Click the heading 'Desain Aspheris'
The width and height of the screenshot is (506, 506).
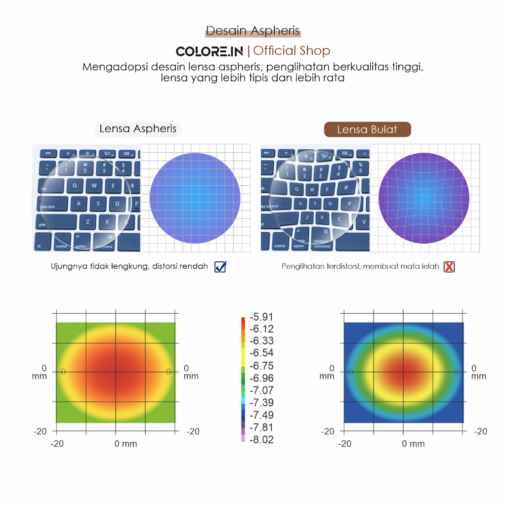point(253,31)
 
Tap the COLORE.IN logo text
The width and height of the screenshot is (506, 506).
point(209,51)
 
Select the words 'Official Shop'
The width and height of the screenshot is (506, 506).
point(292,50)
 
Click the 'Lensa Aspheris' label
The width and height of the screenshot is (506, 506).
point(138,129)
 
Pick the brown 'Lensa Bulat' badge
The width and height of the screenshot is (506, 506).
point(367,129)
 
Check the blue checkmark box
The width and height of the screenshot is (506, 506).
point(220,267)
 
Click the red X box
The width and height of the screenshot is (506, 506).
point(449,267)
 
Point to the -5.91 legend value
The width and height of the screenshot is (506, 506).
point(261,317)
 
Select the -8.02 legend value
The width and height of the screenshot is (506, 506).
point(261,440)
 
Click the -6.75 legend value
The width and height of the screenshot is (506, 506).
point(261,366)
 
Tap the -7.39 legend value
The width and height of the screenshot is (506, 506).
point(261,403)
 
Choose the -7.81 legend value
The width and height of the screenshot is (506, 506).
point(261,427)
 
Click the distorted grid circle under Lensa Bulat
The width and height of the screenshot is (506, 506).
point(424,198)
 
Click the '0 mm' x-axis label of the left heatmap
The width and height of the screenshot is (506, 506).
point(126,444)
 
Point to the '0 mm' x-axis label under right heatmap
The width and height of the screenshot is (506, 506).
point(413,444)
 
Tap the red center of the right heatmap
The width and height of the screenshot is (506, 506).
point(404,372)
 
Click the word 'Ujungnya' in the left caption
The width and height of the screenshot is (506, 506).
point(67,267)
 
